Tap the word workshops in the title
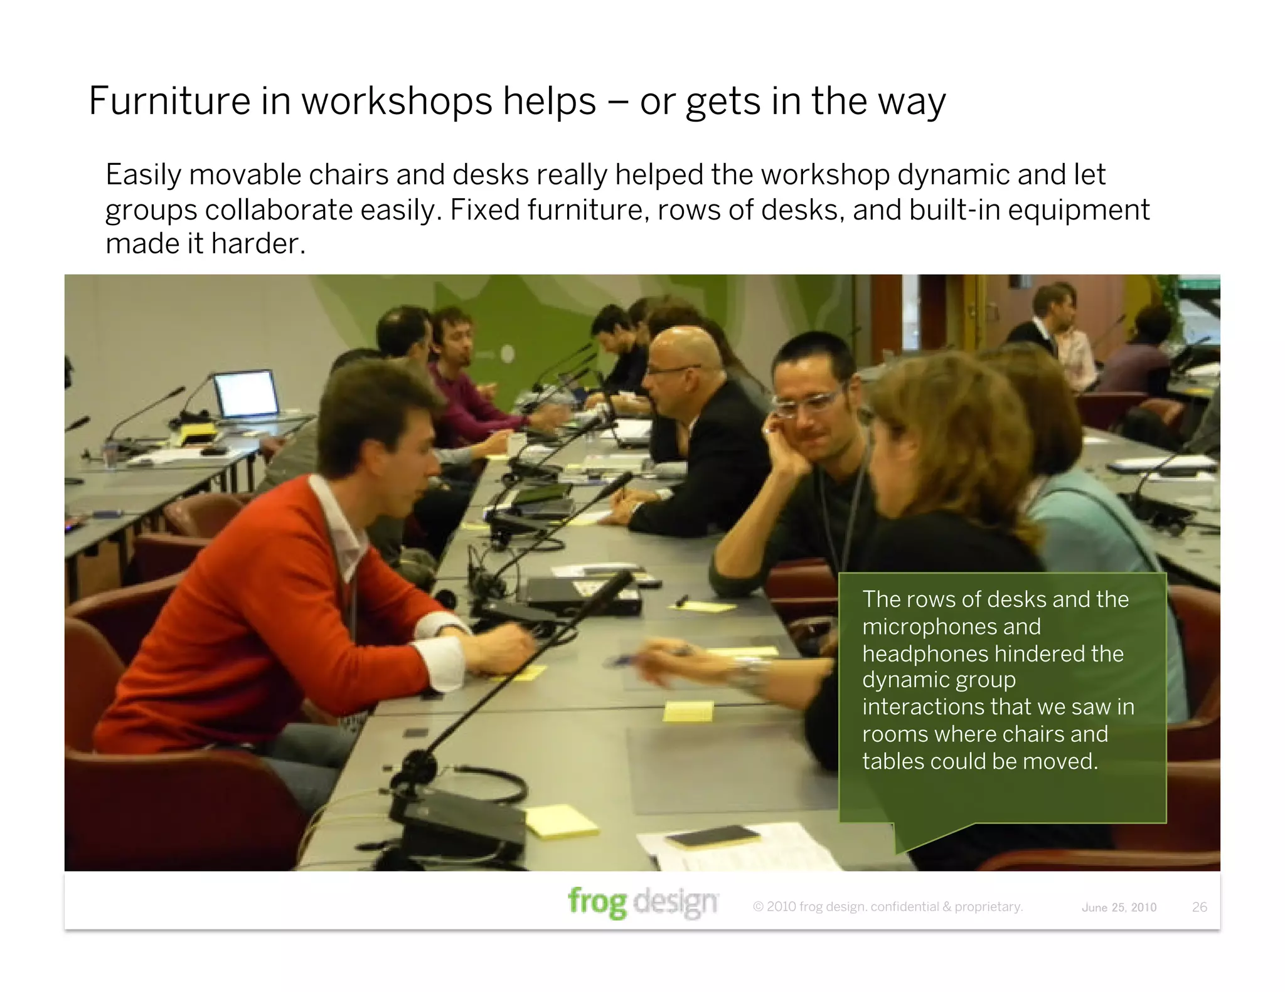(449, 102)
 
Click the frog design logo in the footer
(643, 902)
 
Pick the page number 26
(1199, 907)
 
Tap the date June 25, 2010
(1119, 907)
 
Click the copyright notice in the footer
(888, 907)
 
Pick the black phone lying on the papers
(713, 836)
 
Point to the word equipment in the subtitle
(1079, 210)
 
